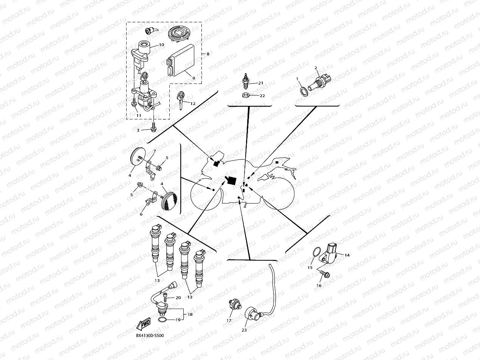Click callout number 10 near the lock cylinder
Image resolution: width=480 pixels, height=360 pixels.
[161, 45]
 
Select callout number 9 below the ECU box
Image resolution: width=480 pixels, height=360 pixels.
[194, 78]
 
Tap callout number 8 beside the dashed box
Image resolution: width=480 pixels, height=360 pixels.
[207, 54]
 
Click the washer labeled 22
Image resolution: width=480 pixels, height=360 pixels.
[246, 95]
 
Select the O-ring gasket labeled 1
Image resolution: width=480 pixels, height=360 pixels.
[303, 91]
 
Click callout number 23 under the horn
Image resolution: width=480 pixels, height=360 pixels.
[244, 330]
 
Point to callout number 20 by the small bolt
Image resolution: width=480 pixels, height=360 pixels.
[178, 297]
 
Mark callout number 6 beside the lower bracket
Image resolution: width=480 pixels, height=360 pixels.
[141, 214]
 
